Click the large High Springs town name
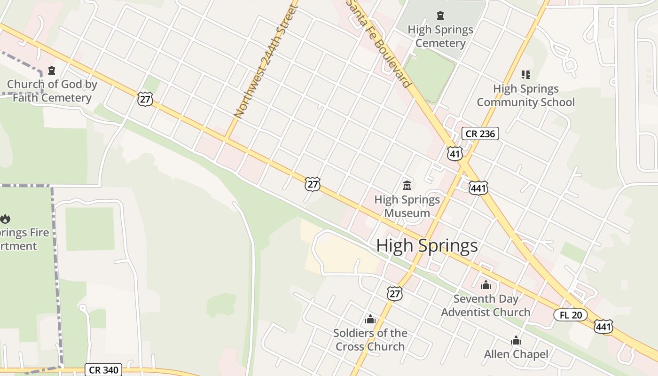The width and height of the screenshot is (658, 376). pyautogui.click(x=427, y=246)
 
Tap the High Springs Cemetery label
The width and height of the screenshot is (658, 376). pyautogui.click(x=440, y=36)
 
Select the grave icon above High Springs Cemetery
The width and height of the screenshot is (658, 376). pyautogui.click(x=440, y=16)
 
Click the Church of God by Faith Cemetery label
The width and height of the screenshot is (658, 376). pyautogui.click(x=52, y=91)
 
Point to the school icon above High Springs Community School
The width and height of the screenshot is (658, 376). pyautogui.click(x=526, y=74)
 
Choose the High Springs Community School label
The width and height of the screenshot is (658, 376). pyautogui.click(x=526, y=95)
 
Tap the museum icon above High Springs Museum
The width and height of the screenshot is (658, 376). pyautogui.click(x=407, y=186)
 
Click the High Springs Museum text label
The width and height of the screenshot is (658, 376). pyautogui.click(x=407, y=206)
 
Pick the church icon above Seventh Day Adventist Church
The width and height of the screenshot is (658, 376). pyautogui.click(x=486, y=285)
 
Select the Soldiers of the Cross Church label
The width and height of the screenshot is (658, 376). pyautogui.click(x=370, y=340)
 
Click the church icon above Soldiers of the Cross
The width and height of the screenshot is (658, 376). pyautogui.click(x=370, y=320)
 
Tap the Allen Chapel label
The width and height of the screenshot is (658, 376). pyautogui.click(x=516, y=354)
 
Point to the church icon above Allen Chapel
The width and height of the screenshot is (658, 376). pyautogui.click(x=516, y=340)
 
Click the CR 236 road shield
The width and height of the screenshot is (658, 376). pyautogui.click(x=480, y=134)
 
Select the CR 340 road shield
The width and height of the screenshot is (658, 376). pyautogui.click(x=103, y=370)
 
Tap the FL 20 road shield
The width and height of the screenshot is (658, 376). pyautogui.click(x=571, y=315)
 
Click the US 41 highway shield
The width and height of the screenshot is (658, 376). pyautogui.click(x=455, y=153)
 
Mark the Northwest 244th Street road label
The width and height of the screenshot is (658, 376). pyautogui.click(x=266, y=61)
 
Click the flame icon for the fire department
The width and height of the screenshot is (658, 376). pyautogui.click(x=5, y=219)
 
